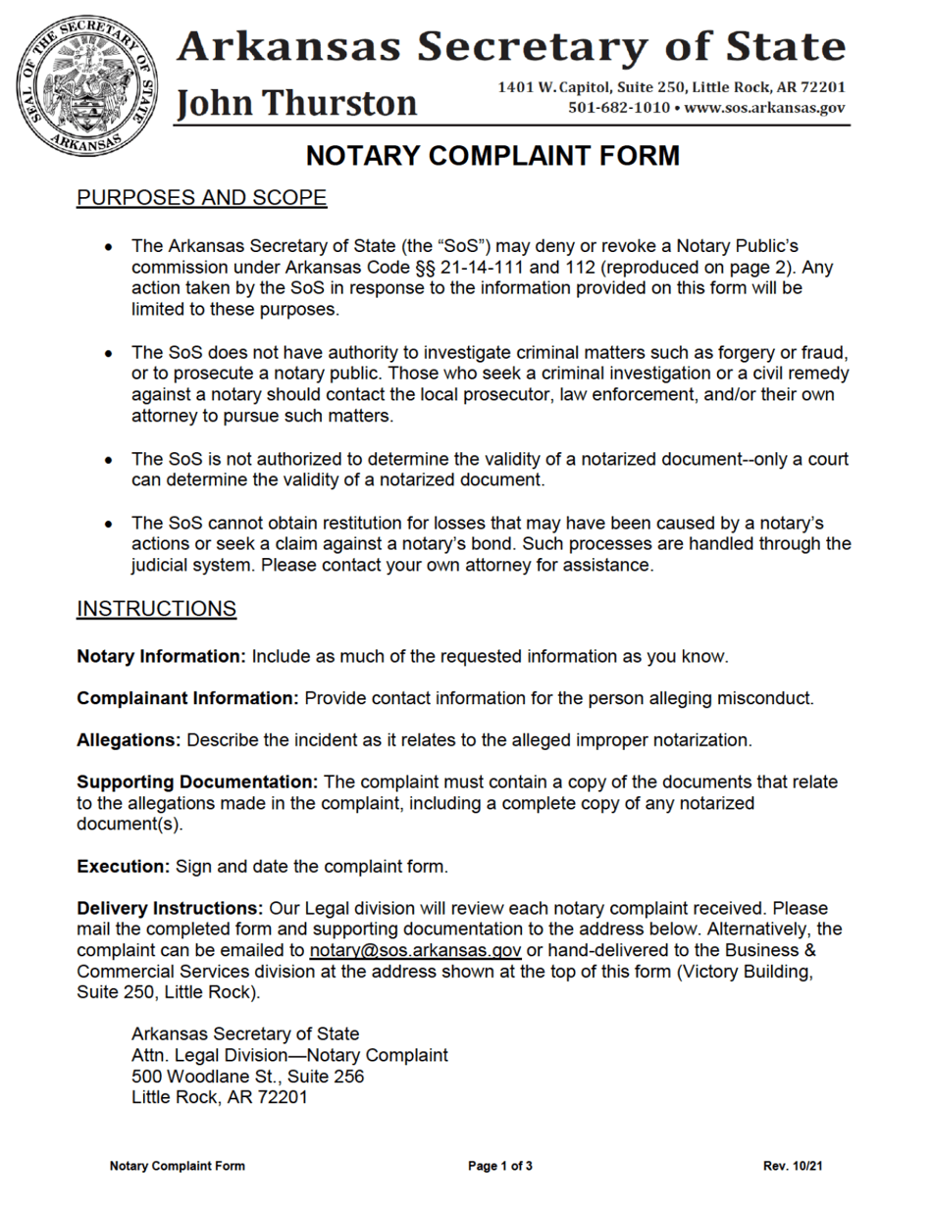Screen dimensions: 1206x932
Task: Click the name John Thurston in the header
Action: point(295,102)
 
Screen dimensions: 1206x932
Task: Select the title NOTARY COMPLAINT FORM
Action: point(492,157)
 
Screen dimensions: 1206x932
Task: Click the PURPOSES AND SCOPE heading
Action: point(201,198)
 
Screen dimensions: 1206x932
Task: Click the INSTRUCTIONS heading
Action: point(156,609)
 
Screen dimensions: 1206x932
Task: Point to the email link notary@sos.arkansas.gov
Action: point(415,951)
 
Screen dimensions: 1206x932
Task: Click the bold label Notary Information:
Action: point(162,655)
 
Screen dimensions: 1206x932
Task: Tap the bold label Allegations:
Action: point(129,740)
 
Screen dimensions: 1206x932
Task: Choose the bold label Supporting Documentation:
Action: point(197,782)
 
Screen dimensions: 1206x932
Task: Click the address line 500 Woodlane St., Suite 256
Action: point(247,1077)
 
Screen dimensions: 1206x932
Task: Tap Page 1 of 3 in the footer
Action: point(500,1166)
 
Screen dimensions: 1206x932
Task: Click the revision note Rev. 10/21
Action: point(793,1166)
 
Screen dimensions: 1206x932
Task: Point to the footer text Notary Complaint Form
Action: point(178,1166)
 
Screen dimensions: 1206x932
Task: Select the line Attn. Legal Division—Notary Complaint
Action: point(289,1055)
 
